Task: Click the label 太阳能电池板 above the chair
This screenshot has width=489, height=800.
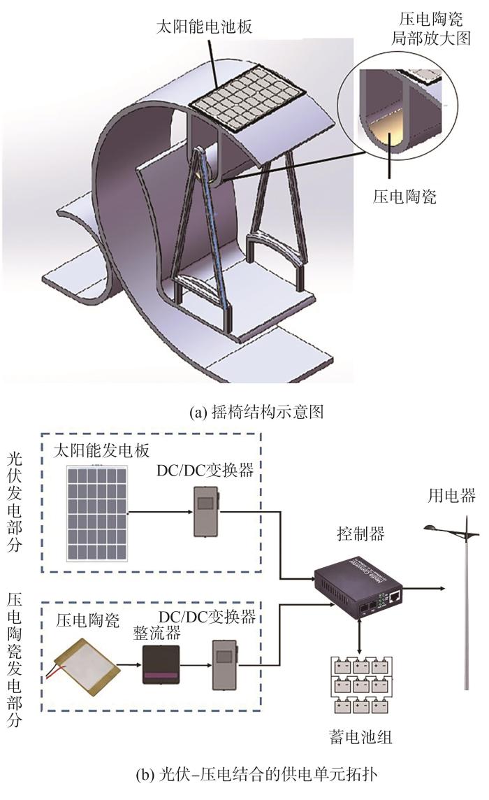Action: click(204, 27)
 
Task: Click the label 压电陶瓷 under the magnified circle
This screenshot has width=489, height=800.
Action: click(405, 196)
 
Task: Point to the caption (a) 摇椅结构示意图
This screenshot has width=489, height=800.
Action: click(256, 412)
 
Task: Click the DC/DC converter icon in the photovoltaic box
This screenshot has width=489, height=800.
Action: click(206, 512)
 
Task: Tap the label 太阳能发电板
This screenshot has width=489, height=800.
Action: click(101, 450)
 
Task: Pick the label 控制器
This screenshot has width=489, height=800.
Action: click(360, 534)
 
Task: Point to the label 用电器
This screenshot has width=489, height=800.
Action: click(451, 495)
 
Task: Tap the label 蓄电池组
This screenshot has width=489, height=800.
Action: click(360, 737)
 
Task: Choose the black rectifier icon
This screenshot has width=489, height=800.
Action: click(161, 664)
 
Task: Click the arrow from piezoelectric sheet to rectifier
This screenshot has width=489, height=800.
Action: click(131, 665)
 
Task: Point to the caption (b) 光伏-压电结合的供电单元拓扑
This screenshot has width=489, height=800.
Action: click(256, 775)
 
